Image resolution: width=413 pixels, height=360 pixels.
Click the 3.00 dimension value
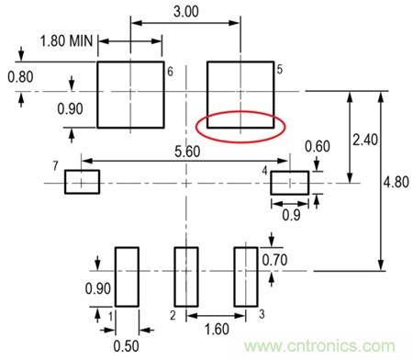click(x=186, y=12)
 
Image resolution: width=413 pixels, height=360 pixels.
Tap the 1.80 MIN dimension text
click(x=66, y=40)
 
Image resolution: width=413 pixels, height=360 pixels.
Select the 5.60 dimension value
click(x=187, y=152)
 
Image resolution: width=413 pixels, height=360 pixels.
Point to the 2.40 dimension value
click(x=365, y=140)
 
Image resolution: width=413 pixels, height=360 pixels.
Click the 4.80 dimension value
click(x=396, y=182)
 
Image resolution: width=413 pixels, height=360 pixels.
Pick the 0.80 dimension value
click(x=20, y=76)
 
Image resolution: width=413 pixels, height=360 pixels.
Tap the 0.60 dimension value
click(x=318, y=146)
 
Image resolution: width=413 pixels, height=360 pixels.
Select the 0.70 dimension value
click(x=274, y=260)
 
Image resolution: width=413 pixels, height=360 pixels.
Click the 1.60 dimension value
click(x=217, y=330)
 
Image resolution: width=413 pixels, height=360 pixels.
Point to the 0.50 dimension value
click(x=126, y=346)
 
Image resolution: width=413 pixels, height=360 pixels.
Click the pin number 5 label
click(x=280, y=70)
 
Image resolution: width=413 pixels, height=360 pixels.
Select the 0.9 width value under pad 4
click(x=291, y=216)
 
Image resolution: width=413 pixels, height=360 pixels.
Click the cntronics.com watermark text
click(x=319, y=346)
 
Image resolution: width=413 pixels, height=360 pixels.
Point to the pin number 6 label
click(x=170, y=72)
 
